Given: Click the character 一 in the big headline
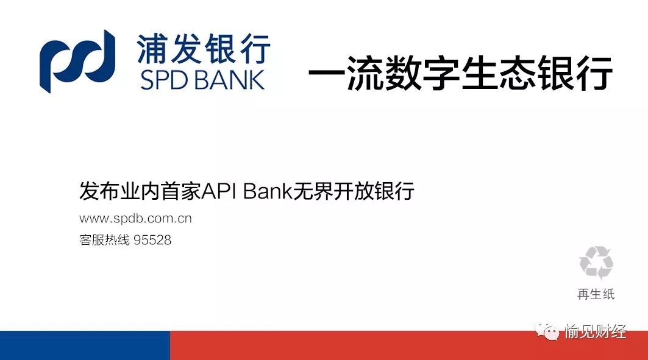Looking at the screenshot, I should click(326, 76).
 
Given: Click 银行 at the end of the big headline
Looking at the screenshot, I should click(574, 76).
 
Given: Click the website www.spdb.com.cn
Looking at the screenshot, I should click(135, 219).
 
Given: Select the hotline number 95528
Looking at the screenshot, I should click(152, 241).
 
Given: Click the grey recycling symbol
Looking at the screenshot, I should click(596, 263).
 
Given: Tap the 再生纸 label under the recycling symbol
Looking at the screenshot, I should click(596, 294).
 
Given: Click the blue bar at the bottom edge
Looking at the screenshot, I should click(85, 345).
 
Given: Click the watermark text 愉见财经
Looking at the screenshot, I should click(596, 332).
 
